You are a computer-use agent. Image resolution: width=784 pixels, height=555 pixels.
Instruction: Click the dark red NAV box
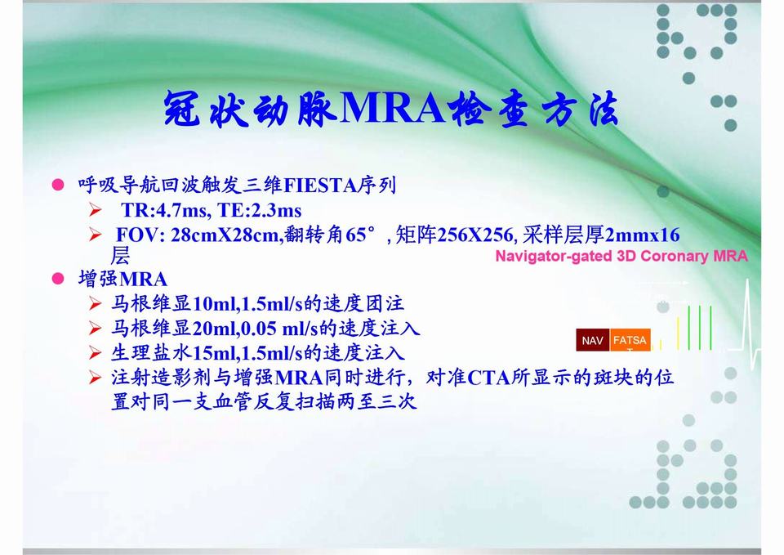(x=592, y=340)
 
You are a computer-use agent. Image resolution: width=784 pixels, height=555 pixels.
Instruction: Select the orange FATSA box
(x=630, y=340)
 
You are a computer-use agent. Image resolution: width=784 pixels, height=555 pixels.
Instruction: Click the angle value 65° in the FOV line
(x=360, y=236)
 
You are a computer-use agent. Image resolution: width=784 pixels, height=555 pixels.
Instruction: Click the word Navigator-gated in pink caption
(x=554, y=256)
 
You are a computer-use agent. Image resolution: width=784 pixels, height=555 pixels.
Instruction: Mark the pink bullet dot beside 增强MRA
(x=58, y=279)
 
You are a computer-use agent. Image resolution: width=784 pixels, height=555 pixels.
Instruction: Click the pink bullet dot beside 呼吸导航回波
(x=58, y=186)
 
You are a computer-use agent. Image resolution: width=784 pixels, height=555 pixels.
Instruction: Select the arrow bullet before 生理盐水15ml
(x=96, y=354)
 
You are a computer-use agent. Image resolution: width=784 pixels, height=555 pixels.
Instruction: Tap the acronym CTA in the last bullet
(x=489, y=378)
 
